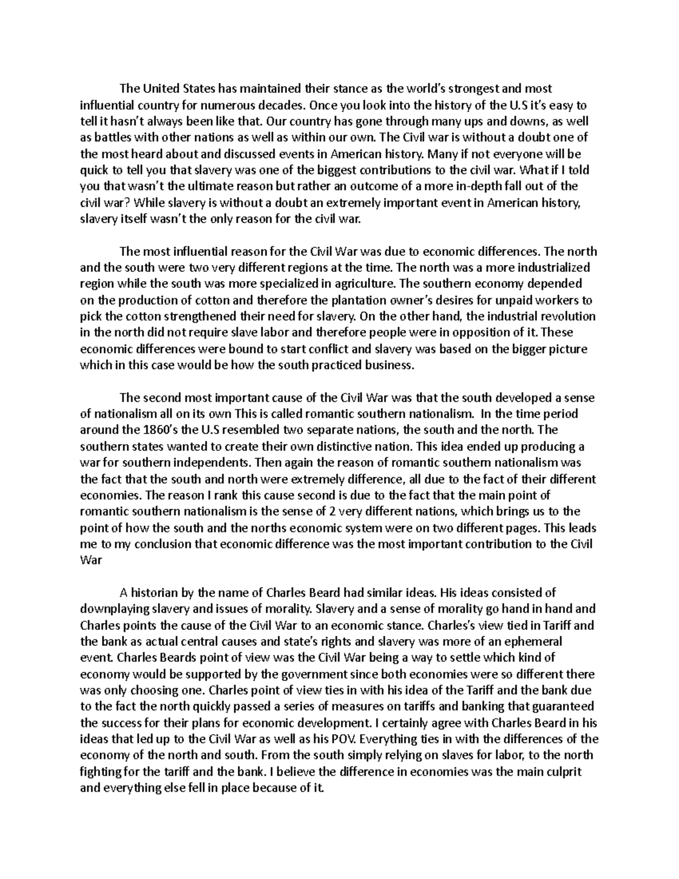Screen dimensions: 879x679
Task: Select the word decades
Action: (x=285, y=105)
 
